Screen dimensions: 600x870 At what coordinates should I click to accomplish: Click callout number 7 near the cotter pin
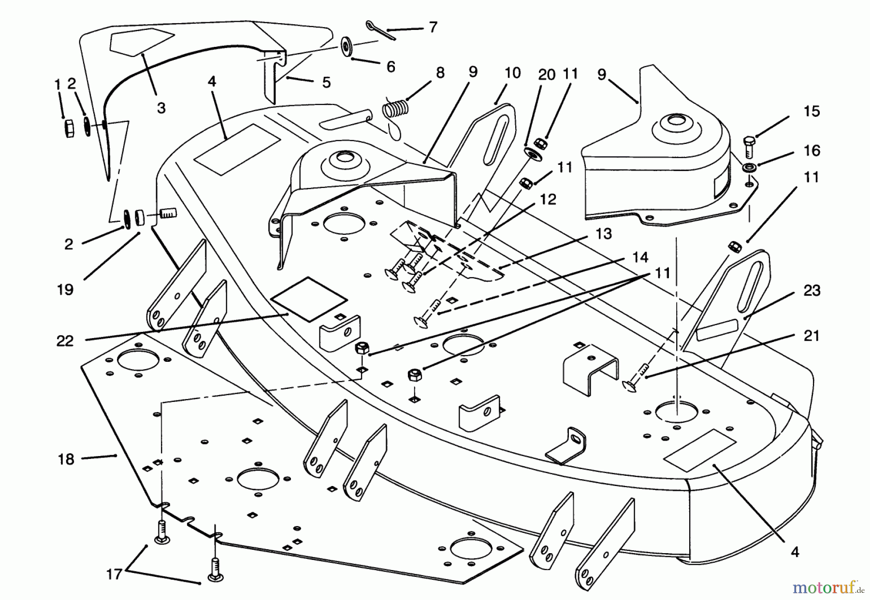(x=433, y=27)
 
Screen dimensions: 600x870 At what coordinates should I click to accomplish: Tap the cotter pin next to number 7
(x=381, y=30)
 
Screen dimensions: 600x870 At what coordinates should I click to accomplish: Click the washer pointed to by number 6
(x=347, y=46)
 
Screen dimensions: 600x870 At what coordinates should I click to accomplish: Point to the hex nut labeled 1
(x=68, y=129)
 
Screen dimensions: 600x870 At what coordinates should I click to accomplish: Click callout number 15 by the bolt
(x=812, y=112)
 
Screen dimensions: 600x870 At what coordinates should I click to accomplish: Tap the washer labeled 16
(x=750, y=168)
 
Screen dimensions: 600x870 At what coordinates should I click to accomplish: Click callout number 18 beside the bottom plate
(x=66, y=459)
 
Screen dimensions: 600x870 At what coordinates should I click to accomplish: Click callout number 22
(x=65, y=341)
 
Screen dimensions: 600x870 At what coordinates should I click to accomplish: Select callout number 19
(x=65, y=289)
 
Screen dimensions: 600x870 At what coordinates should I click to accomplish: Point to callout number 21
(x=812, y=335)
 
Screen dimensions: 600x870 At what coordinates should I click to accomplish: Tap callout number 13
(x=604, y=234)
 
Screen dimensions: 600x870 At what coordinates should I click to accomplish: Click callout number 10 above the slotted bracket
(x=512, y=73)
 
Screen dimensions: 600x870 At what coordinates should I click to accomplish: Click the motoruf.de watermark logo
(x=826, y=588)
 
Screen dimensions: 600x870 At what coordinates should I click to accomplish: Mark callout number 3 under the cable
(x=161, y=108)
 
